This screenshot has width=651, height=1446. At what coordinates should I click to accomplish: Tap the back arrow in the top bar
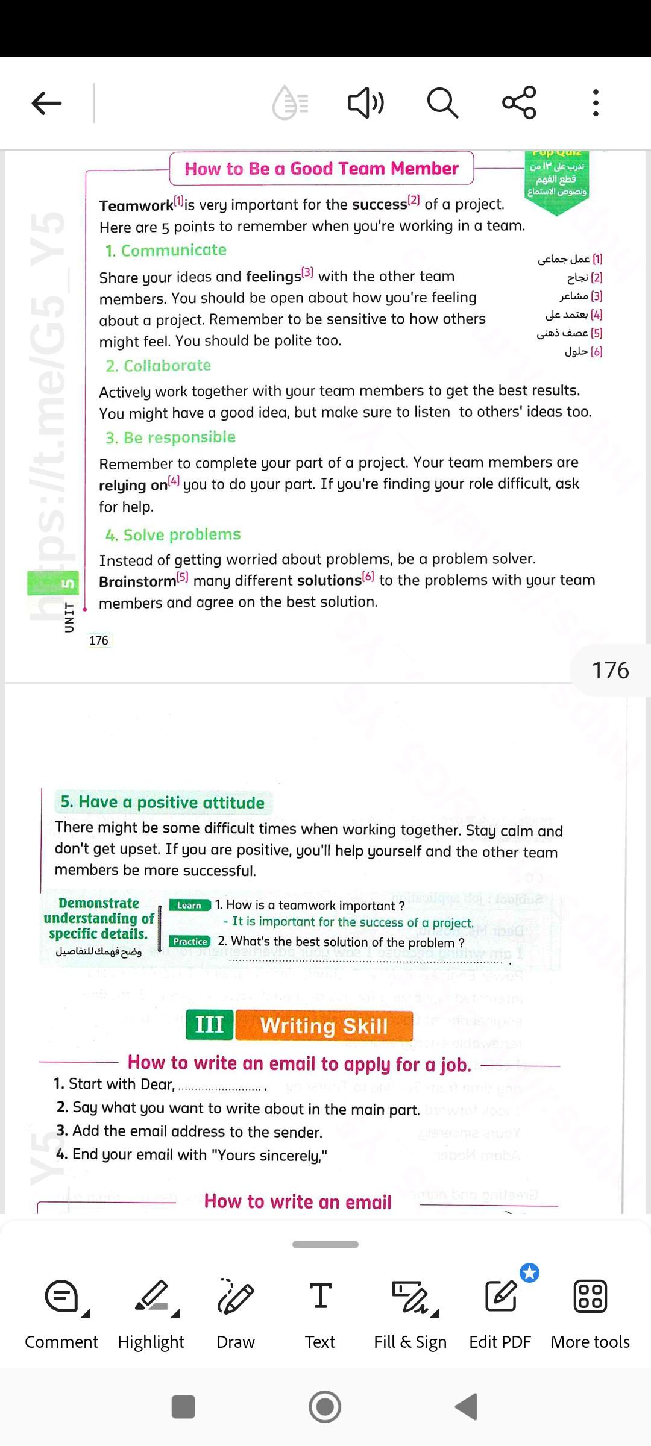47,103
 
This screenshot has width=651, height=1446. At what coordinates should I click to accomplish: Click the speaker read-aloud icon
365,103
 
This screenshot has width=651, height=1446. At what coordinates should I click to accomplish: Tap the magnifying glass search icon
442,103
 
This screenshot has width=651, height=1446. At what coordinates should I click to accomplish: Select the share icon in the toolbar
519,102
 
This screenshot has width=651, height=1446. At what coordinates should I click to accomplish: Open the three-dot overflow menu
596,103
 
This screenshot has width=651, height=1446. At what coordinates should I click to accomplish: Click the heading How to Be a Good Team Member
321,169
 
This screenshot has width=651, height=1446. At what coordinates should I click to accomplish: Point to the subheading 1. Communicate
166,251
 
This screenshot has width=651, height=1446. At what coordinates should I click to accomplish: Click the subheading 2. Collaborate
158,366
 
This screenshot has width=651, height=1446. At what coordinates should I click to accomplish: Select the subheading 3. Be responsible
171,437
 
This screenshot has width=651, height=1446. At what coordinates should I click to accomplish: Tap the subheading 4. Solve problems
173,535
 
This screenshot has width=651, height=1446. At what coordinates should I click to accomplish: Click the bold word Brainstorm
137,581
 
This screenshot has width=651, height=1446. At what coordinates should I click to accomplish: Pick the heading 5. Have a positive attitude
162,803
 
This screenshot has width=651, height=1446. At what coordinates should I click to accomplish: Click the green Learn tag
189,905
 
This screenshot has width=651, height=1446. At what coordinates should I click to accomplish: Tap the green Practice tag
190,941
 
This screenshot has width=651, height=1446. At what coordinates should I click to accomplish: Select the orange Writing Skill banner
324,1025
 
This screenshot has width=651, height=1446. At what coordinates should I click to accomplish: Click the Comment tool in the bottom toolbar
61,1313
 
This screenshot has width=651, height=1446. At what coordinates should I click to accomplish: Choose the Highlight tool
151,1313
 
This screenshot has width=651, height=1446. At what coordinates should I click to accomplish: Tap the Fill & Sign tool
410,1313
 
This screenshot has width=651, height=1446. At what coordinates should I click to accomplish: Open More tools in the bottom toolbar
590,1313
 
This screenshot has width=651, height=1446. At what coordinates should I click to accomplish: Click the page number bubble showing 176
610,671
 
